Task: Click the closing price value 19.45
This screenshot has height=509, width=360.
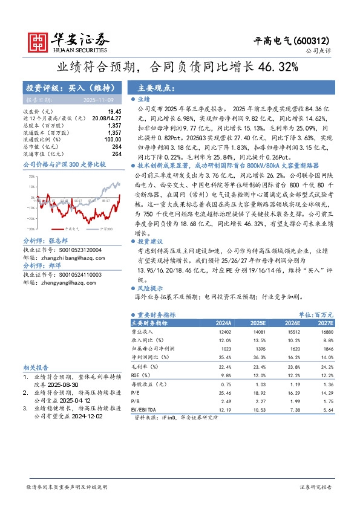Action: pyautogui.click(x=115, y=112)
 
